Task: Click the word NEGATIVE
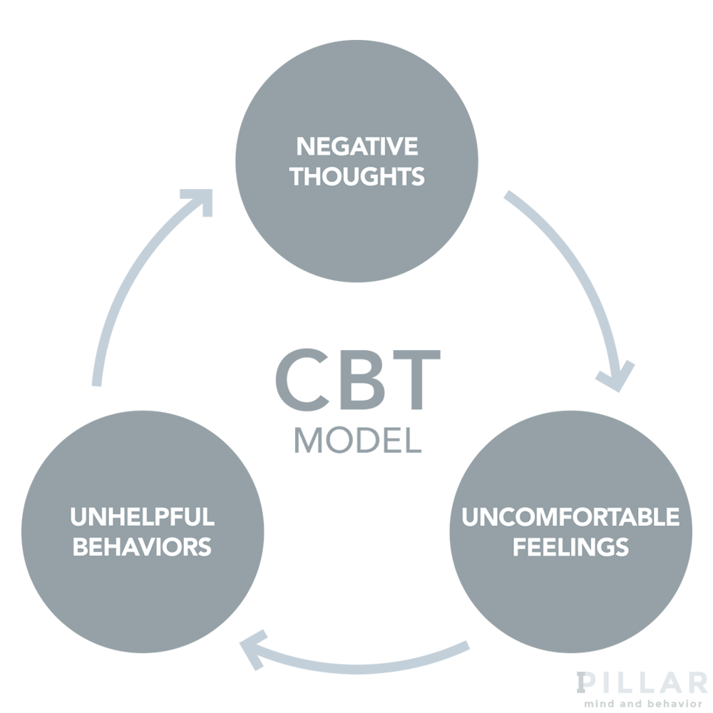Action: tap(356, 147)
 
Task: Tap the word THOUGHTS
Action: tap(356, 176)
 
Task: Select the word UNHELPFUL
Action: tap(142, 517)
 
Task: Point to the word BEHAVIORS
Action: tap(142, 547)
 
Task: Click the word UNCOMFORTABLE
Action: tap(570, 517)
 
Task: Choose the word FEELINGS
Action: tap(570, 547)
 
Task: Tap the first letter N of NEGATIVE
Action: tap(304, 147)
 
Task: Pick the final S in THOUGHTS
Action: tap(418, 176)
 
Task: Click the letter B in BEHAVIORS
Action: tap(81, 547)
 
